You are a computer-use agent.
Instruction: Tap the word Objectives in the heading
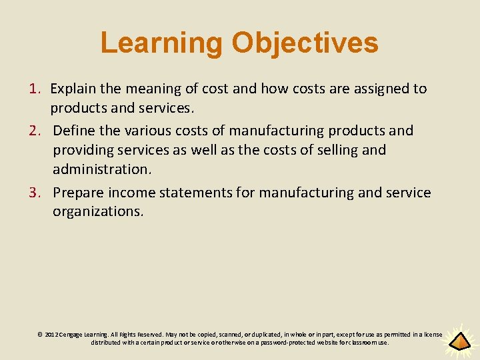coord(305,43)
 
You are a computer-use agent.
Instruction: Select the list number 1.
coord(35,89)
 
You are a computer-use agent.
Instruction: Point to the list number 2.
coord(35,131)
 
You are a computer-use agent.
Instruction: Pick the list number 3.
coord(35,193)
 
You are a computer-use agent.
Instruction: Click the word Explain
coord(72,89)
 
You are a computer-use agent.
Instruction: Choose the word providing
coord(83,150)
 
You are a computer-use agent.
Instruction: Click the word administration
coord(102,169)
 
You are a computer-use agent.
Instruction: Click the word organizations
coord(98,212)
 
